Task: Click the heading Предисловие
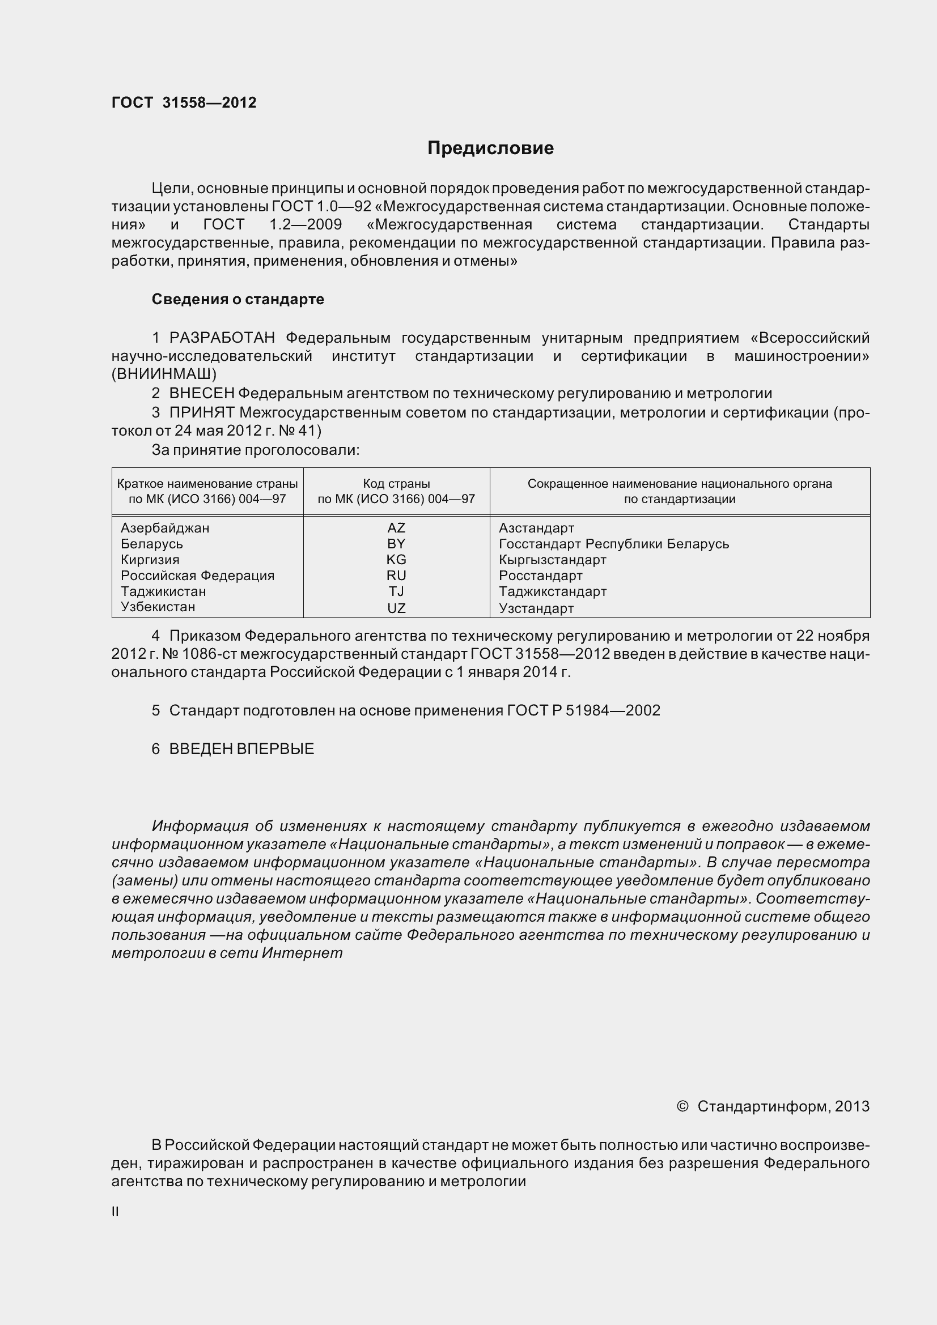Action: [x=490, y=148]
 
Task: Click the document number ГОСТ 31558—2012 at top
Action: [x=184, y=103]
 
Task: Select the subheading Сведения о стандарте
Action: [x=238, y=299]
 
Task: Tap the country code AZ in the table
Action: [x=396, y=527]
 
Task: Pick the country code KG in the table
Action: [x=396, y=559]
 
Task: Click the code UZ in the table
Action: [x=396, y=608]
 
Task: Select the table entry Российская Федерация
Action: [x=197, y=576]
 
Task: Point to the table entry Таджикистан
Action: [x=163, y=591]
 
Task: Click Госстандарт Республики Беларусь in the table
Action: [x=614, y=544]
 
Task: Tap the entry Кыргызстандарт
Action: [x=553, y=559]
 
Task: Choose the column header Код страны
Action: [x=396, y=484]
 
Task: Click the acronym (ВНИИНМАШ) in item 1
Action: [x=164, y=374]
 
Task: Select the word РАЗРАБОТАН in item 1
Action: [x=222, y=338]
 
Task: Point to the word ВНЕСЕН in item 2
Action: [x=201, y=394]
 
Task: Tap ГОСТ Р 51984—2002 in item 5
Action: [x=584, y=710]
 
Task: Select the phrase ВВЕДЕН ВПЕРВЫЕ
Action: [x=241, y=749]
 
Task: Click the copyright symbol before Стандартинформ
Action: [x=682, y=1106]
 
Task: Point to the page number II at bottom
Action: [x=116, y=1212]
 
